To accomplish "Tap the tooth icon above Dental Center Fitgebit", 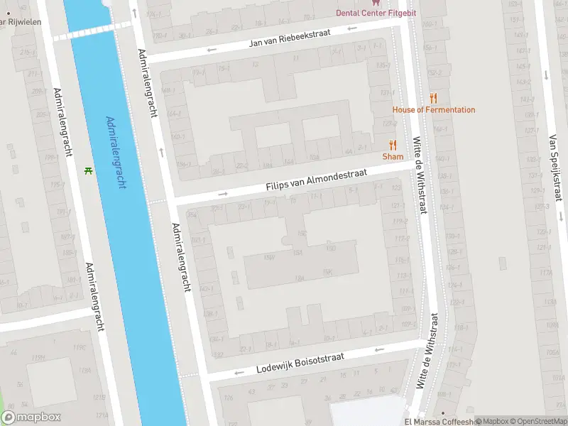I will (376, 3).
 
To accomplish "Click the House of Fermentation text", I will (434, 109).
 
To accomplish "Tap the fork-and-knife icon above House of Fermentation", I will (433, 99).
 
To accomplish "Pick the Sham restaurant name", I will (393, 156).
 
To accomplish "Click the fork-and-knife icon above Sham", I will (393, 145).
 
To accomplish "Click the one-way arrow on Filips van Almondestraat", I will (223, 193).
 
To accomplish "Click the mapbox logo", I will (31, 417).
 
